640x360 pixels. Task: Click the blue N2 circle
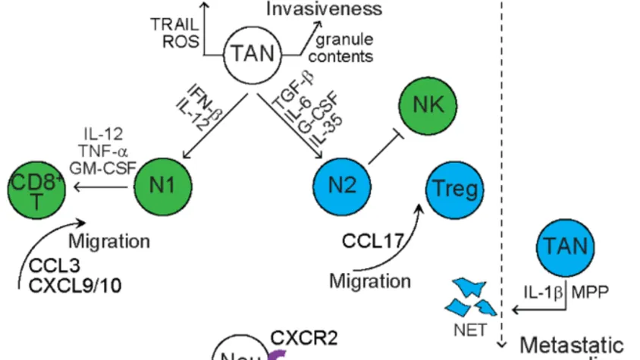341,183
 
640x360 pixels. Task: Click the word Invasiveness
324,9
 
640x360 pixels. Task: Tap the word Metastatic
572,345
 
